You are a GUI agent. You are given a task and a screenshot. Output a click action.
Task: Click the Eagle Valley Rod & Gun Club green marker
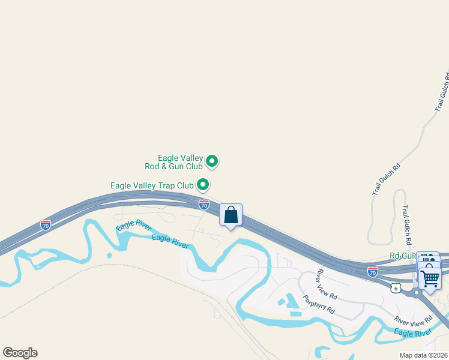pyautogui.click(x=212, y=161)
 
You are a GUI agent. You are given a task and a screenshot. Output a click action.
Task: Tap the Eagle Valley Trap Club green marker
pyautogui.click(x=203, y=185)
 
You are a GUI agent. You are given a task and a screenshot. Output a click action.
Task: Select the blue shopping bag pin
pyautogui.click(x=231, y=215)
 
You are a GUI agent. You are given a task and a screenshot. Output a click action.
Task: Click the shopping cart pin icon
pyautogui.click(x=430, y=278)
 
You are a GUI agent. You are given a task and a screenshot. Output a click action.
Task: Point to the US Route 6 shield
pyautogui.click(x=394, y=289)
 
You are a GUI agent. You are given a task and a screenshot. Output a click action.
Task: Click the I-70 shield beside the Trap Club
pyautogui.click(x=204, y=205)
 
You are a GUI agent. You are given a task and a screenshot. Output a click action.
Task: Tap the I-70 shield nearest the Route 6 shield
pyautogui.click(x=373, y=271)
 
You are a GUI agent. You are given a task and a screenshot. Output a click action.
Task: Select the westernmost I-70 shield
pyautogui.click(x=46, y=225)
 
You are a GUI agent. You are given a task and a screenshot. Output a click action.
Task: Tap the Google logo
pyautogui.click(x=20, y=353)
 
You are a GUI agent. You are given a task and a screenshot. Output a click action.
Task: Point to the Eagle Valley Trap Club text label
pyautogui.click(x=154, y=185)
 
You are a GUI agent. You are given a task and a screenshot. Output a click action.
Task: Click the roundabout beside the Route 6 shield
pyautogui.click(x=416, y=293)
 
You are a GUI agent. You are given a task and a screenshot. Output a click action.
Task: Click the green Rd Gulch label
pyautogui.click(x=403, y=256)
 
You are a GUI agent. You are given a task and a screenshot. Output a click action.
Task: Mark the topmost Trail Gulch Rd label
pyautogui.click(x=442, y=92)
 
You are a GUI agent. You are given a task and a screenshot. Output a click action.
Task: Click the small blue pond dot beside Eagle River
pyautogui.click(x=109, y=256)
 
